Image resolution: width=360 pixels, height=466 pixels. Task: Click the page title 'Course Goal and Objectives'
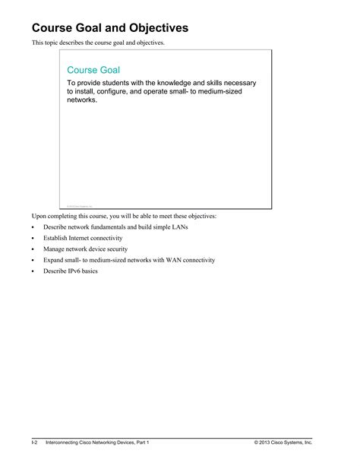pos(109,28)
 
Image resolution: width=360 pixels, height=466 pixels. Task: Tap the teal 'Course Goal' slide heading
pos(93,70)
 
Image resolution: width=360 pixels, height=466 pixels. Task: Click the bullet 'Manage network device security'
pos(85,249)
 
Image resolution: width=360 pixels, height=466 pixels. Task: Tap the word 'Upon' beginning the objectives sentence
pos(39,217)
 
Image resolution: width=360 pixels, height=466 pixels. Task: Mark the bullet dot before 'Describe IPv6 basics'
pos(33,271)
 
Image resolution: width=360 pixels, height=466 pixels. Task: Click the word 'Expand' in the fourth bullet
pos(55,260)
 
